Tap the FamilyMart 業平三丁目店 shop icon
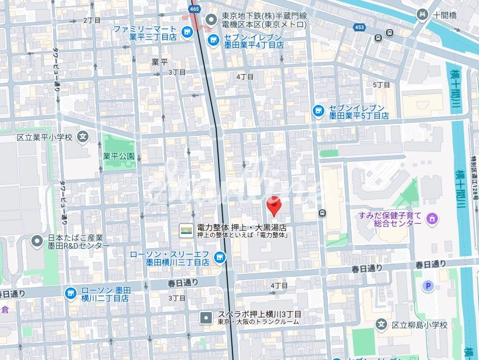tap(186, 33)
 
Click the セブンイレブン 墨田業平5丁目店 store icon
tap(319, 111)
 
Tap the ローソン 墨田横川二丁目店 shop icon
tap(70, 294)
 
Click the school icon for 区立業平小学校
tap(83, 137)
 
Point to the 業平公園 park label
tap(119, 156)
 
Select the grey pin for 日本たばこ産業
tap(38, 241)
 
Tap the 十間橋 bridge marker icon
tap(422, 15)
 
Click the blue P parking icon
tap(428, 286)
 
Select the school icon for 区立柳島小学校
tap(381, 324)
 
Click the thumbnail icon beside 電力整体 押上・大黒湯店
tap(186, 230)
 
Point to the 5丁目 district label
tap(381, 84)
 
